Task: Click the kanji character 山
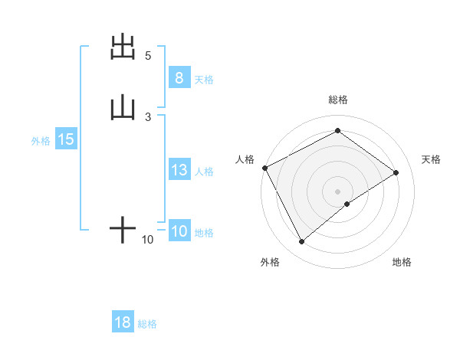[123, 108]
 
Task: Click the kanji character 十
[123, 229]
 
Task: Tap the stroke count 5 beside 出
[148, 56]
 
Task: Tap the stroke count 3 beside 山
[148, 116]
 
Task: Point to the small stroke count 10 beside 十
[148, 240]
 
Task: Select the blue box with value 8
[179, 78]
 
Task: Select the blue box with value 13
[179, 171]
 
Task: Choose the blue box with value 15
[65, 139]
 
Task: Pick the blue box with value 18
[123, 322]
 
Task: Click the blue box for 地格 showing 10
[179, 232]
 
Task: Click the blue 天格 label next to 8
[204, 79]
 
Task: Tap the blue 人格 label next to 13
[205, 172]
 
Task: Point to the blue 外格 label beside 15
[41, 140]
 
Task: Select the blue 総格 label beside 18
[147, 323]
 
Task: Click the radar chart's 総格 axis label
[338, 100]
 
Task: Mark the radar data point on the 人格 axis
[264, 168]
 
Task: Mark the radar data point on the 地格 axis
[347, 204]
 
